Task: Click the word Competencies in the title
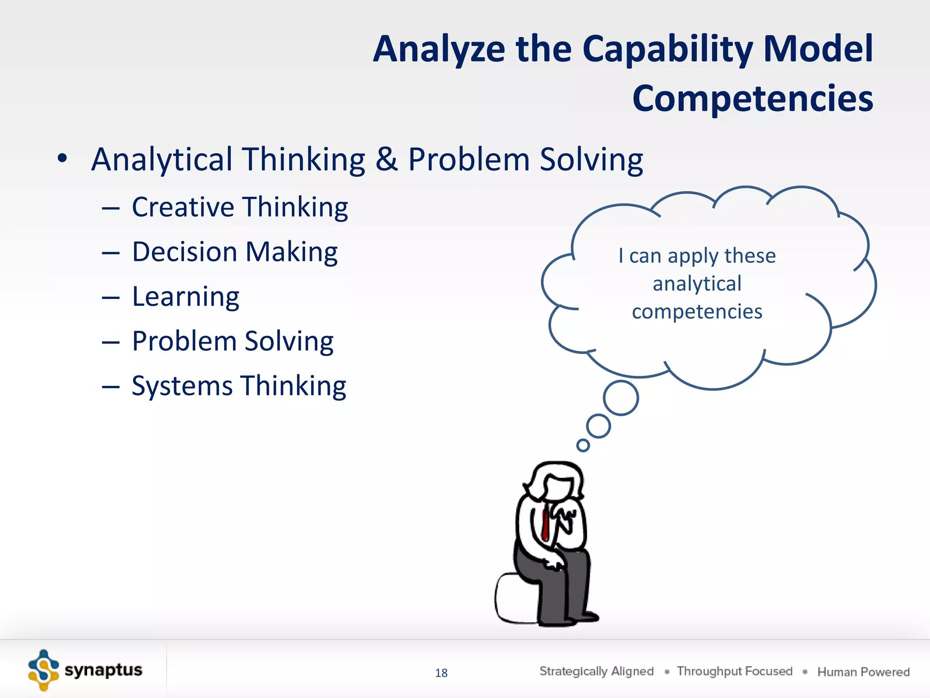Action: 752,99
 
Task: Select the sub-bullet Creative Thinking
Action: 240,207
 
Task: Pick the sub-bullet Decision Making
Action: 235,252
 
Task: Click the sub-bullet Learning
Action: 185,297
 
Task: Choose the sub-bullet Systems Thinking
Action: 239,386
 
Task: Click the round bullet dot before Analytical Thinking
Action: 62,159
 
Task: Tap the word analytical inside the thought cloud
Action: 697,284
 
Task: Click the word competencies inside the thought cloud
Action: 697,312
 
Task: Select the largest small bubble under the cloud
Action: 621,398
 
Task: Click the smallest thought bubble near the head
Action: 583,445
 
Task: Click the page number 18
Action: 441,673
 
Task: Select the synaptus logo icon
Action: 43,670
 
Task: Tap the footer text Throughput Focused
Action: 734,671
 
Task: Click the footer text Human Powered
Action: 863,672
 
